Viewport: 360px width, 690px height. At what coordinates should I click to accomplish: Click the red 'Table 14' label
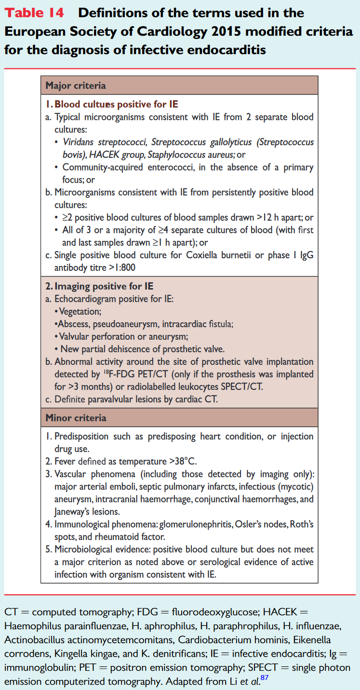[x=34, y=13]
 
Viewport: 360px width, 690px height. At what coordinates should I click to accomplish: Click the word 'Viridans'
[x=80, y=142]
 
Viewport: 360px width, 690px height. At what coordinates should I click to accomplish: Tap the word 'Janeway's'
[x=73, y=511]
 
